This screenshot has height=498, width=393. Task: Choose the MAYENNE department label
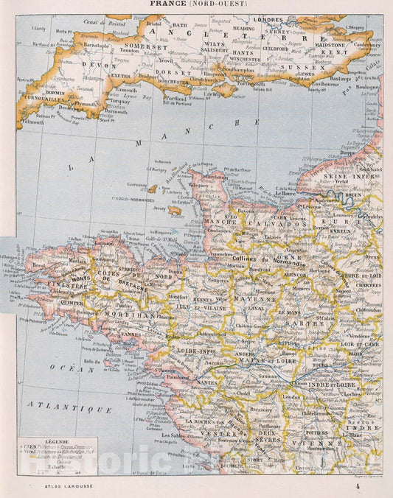click(254, 300)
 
